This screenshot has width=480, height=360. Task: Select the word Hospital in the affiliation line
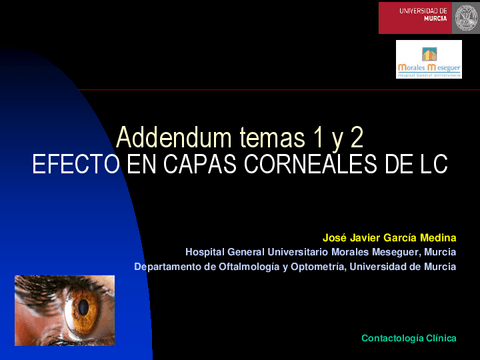point(208,251)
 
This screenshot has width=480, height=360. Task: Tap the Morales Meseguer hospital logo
point(428,59)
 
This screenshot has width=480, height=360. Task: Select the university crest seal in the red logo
point(465,17)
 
